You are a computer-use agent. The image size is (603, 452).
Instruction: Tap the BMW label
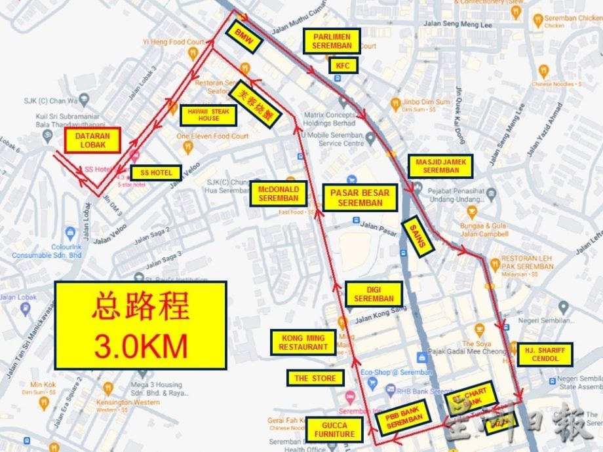(243, 36)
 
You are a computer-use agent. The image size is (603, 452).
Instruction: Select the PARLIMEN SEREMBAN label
(331, 41)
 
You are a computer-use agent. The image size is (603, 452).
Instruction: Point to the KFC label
(343, 66)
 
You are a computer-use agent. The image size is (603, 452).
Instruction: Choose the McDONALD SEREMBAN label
(278, 194)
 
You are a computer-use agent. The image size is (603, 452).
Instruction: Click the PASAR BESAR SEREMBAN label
(360, 197)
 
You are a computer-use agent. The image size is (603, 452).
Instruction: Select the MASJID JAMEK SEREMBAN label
(440, 166)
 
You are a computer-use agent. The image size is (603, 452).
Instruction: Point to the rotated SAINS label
(418, 234)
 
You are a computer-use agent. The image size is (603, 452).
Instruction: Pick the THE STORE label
(315, 378)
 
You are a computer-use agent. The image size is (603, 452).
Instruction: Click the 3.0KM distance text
(140, 346)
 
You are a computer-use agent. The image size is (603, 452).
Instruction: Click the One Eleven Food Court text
(213, 136)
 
